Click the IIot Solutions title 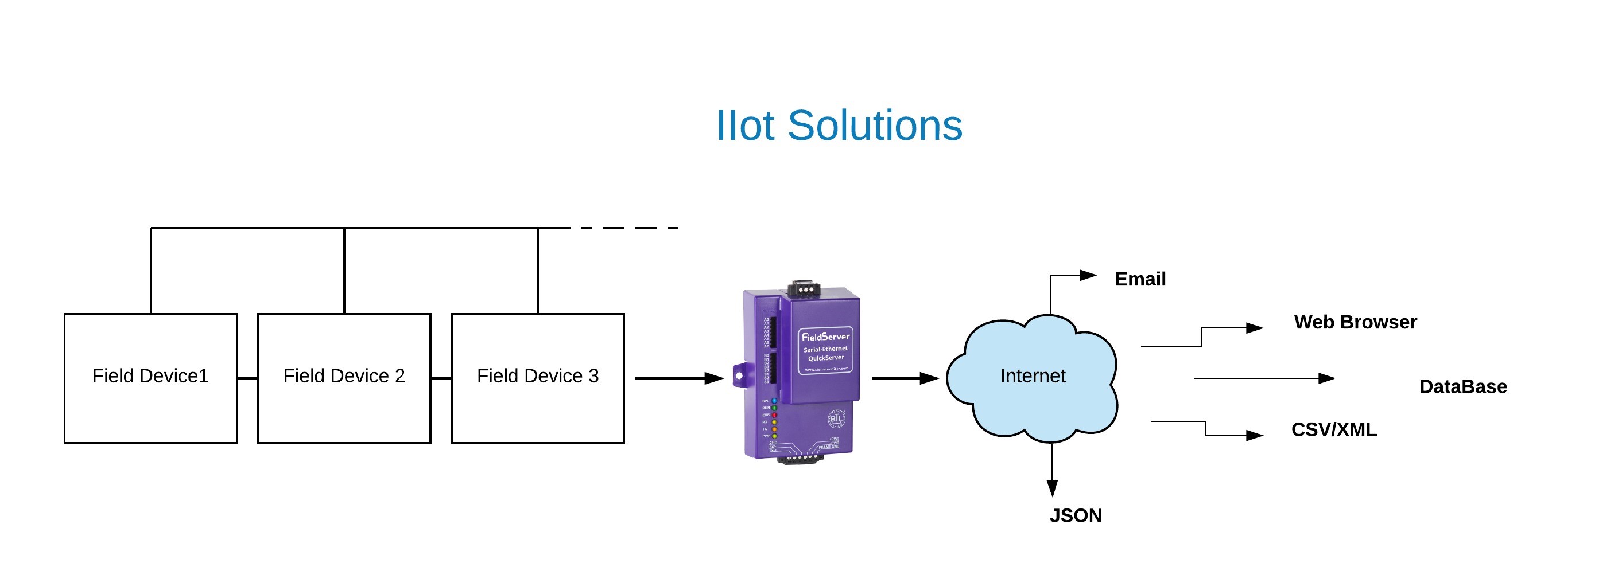point(839,125)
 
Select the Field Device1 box point(150,377)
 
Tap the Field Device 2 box point(344,377)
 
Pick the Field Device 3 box point(538,377)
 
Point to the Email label point(1140,279)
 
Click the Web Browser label point(1355,322)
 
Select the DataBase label point(1462,386)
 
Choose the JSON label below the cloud point(1076,515)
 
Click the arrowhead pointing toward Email point(1088,275)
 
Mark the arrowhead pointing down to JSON point(1051,488)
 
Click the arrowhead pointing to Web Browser point(1255,328)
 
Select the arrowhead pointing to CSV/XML point(1255,435)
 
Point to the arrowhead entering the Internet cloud point(929,378)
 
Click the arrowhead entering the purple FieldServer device point(714,378)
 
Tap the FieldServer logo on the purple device point(825,337)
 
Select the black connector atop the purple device point(804,288)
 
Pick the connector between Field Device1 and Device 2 point(247,378)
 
